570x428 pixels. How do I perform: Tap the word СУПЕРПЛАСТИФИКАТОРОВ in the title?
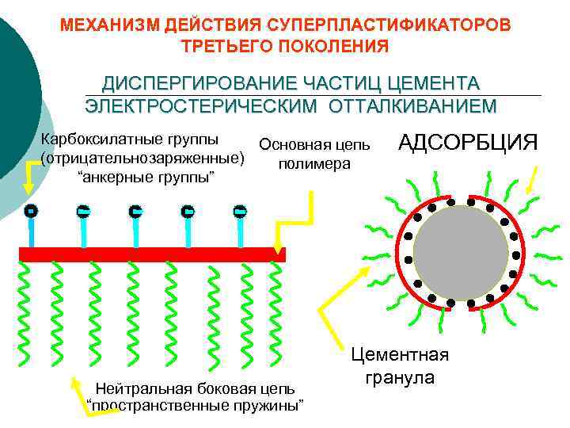tap(378, 24)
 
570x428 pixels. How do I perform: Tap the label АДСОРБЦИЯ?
tap(468, 143)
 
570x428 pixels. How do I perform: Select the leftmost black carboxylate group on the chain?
tap(30, 212)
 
